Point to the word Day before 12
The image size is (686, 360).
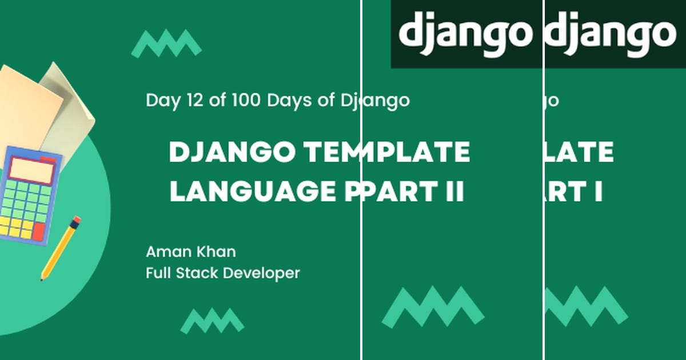pos(162,101)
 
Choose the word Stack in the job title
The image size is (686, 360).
pos(197,273)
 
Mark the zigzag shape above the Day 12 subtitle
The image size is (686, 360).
pos(166,43)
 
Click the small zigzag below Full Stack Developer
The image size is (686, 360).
pos(212,321)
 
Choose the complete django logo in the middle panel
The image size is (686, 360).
pos(465,34)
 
